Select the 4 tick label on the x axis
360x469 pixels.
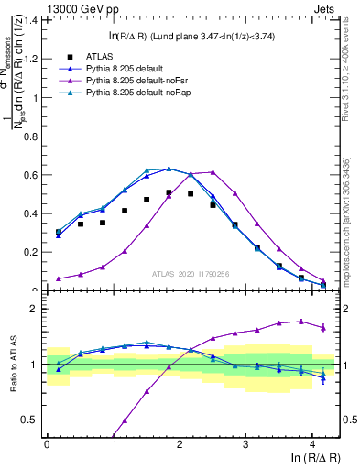[x=312, y=444]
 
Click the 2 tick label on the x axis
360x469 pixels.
[x=180, y=444]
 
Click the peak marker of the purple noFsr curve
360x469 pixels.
[x=213, y=171]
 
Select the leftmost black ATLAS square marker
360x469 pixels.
[x=59, y=232]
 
